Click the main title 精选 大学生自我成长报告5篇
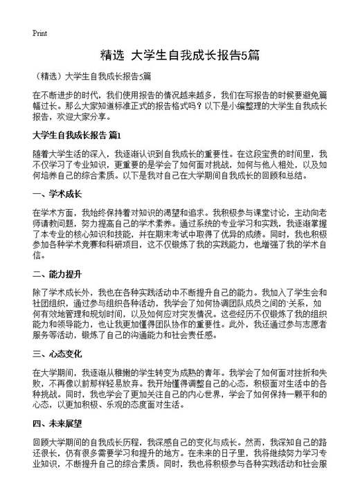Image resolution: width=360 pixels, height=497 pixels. (x=179, y=54)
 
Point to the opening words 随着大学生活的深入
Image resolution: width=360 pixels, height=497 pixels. (x=70, y=154)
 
